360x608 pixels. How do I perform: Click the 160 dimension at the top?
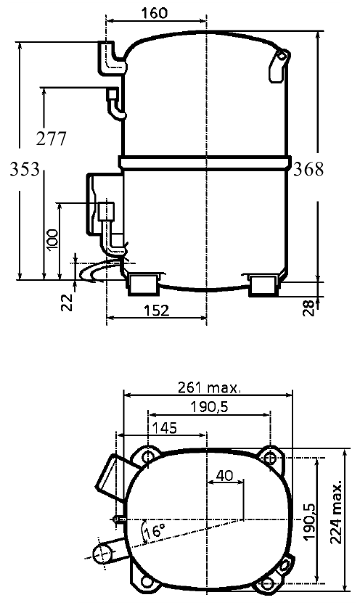point(155,13)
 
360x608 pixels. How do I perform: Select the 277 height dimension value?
point(52,139)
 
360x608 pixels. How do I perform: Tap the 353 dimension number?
point(25,169)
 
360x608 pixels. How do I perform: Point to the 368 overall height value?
point(308,169)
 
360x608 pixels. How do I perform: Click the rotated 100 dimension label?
point(52,240)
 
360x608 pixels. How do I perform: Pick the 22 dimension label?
point(67,302)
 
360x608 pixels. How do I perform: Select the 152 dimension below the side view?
point(156,311)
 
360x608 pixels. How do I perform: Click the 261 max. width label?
point(210,387)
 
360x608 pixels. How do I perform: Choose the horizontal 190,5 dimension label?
point(209,407)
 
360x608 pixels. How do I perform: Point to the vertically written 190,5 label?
point(309,521)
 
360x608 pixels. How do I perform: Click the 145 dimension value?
point(164,427)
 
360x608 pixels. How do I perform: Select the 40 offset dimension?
point(224,475)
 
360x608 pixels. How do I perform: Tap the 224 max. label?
point(337,513)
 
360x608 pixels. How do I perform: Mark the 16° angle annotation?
point(154,530)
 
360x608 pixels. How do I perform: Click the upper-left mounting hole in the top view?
point(148,458)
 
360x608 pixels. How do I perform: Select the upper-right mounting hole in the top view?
point(271,459)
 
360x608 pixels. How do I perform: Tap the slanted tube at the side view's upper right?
point(278,66)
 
